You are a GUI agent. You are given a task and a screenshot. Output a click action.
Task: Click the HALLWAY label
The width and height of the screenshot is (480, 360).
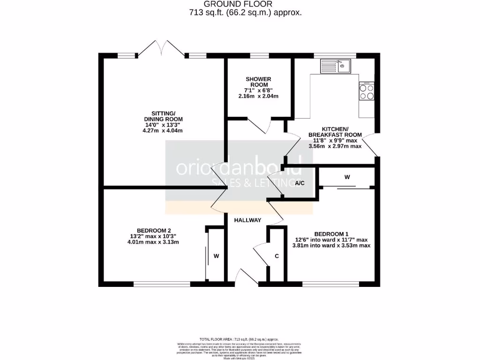pos(247,220)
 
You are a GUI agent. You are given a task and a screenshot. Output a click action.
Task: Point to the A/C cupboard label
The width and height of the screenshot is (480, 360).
pos(300,183)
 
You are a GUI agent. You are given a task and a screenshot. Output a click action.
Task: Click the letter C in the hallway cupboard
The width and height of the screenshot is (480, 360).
pos(277,256)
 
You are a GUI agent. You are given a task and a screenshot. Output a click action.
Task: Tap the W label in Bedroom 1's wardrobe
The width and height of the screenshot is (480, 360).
pos(347,177)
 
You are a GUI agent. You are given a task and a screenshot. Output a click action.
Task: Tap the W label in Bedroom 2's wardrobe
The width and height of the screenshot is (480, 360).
pos(216,256)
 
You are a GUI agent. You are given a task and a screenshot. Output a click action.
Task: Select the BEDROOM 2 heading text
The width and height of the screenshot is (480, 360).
pos(153,230)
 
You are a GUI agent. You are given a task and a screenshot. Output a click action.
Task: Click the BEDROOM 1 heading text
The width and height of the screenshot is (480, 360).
pos(331,234)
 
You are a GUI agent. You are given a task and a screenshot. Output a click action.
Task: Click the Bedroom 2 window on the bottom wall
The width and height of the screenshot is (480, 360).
pos(162,284)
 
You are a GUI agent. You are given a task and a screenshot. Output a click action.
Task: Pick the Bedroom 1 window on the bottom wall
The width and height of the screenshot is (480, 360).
pos(330,284)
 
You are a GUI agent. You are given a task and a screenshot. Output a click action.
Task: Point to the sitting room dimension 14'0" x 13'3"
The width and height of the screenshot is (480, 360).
pos(163,124)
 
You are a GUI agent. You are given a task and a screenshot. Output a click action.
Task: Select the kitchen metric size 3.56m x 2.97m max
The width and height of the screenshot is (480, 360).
pos(335,146)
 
